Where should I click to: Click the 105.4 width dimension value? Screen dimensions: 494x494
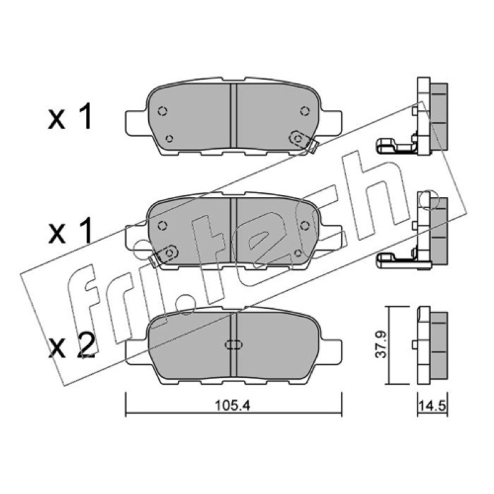pyautogui.click(x=232, y=406)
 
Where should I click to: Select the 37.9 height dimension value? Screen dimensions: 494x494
pyautogui.click(x=381, y=344)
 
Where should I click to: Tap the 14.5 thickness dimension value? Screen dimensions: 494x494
pyautogui.click(x=432, y=406)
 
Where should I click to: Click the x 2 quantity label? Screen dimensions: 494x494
pyautogui.click(x=72, y=346)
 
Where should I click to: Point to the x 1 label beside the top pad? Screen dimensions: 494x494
pyautogui.click(x=70, y=117)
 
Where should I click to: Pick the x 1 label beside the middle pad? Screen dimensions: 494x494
pyautogui.click(x=70, y=231)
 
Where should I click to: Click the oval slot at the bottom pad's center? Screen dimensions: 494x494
pyautogui.click(x=233, y=345)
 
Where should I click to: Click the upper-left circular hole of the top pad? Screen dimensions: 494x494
pyautogui.click(x=162, y=111)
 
